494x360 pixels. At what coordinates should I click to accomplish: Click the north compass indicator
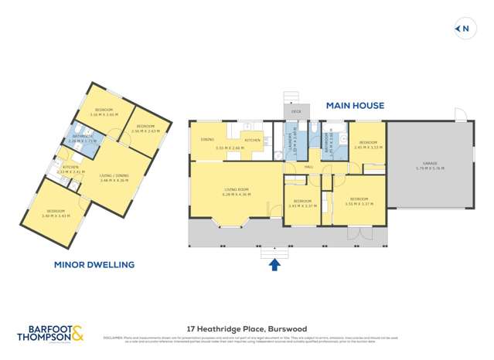tap(463, 29)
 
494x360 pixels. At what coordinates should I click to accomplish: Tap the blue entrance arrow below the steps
tap(273, 266)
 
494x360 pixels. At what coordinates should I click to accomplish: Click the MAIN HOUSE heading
tap(355, 105)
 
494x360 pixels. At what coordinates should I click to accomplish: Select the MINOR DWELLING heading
tap(94, 264)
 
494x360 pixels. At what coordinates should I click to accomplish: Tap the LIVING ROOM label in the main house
tap(236, 189)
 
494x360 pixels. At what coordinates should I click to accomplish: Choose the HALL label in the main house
tap(308, 167)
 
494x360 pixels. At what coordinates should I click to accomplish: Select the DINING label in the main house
tap(207, 140)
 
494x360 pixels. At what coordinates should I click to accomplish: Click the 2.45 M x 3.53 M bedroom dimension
tap(368, 147)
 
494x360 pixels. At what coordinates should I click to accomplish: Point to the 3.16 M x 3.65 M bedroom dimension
tap(102, 114)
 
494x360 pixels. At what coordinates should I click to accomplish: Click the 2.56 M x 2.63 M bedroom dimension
tap(145, 131)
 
